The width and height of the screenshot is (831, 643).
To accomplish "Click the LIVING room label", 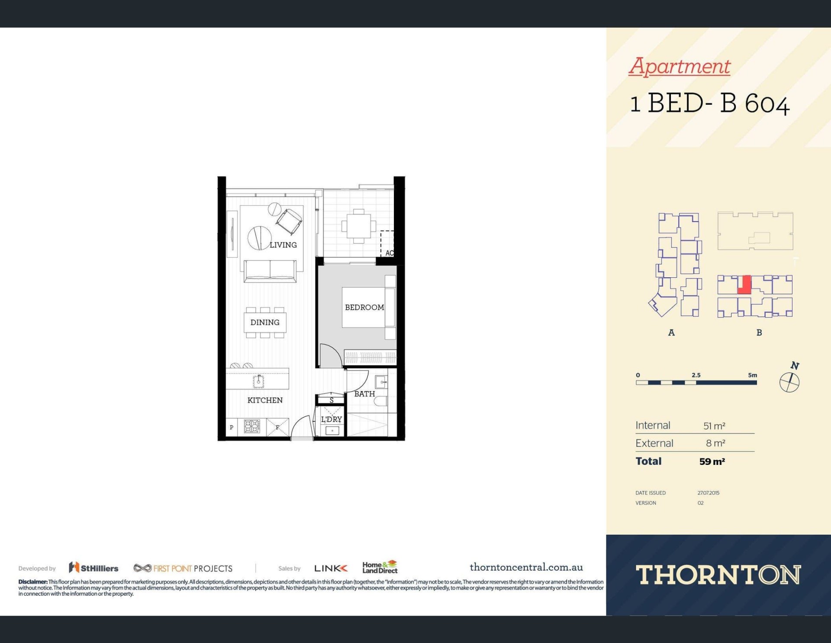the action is click(283, 245).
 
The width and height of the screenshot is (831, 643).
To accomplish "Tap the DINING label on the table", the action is click(265, 322).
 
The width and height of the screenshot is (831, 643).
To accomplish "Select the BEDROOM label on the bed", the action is click(364, 307).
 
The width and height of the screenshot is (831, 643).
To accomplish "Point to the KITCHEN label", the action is click(265, 400).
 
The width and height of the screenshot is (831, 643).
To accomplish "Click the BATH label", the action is click(364, 394).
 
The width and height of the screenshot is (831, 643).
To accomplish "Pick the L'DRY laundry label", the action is click(331, 419).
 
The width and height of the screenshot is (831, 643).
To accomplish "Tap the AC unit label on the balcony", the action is click(389, 253).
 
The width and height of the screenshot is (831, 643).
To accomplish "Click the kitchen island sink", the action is click(258, 381).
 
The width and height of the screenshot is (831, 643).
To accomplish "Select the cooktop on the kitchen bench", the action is click(252, 426).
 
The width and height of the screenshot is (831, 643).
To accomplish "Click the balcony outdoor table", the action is click(358, 226).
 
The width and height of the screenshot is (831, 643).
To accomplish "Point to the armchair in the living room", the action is click(289, 221).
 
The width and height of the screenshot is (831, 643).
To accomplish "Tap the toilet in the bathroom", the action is click(381, 401).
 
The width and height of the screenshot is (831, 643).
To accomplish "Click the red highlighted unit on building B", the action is click(744, 285).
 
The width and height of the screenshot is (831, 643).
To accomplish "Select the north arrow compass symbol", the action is click(790, 378).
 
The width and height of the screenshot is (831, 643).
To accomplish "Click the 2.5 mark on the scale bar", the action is click(696, 375).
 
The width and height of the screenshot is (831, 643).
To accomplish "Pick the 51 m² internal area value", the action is click(714, 426).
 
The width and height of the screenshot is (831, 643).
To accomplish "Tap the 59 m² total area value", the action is click(712, 461).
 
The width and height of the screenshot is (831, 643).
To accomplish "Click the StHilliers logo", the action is click(93, 568).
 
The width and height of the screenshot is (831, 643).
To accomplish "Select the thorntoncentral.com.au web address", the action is click(526, 567).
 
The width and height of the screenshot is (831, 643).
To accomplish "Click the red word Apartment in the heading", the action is click(680, 66).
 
